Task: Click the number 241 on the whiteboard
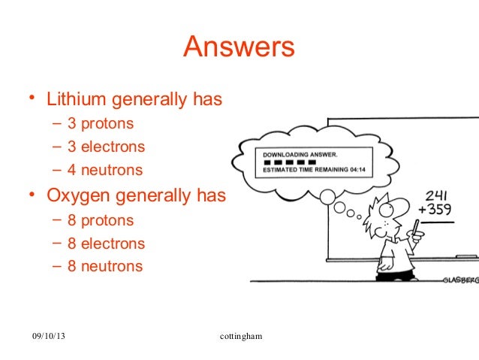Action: [x=436, y=195]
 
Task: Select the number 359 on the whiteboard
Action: [x=440, y=210]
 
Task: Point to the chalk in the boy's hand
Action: [x=415, y=228]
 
